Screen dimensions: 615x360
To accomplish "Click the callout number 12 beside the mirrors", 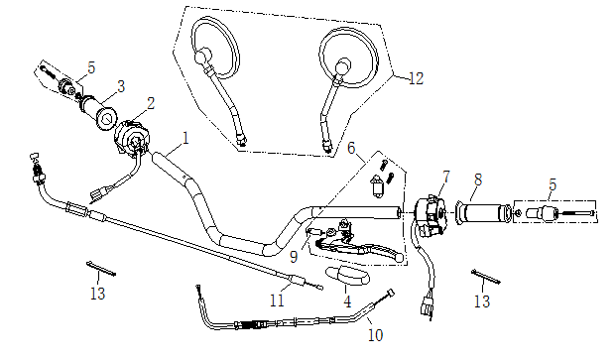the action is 417,78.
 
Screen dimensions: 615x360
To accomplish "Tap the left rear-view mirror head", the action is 215,47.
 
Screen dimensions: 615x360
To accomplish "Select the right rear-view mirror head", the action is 348,58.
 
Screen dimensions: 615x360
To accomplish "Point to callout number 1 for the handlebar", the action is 185,138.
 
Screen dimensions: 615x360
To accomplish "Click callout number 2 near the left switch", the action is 151,103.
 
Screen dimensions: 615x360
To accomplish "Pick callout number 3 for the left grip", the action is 121,86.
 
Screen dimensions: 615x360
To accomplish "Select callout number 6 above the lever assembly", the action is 351,148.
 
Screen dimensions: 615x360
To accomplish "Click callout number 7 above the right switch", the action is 446,177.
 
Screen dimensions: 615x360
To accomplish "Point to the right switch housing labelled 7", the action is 430,215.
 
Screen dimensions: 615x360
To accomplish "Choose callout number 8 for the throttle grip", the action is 478,180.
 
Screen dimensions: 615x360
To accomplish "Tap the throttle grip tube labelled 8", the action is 484,214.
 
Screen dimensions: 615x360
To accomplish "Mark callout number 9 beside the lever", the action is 294,257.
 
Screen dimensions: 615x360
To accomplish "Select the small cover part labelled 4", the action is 347,275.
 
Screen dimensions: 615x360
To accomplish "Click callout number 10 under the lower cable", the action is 375,335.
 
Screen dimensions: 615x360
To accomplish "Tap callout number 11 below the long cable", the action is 277,300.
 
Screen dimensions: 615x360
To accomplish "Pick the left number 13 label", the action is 97,294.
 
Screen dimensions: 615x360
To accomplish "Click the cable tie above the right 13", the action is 486,277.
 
